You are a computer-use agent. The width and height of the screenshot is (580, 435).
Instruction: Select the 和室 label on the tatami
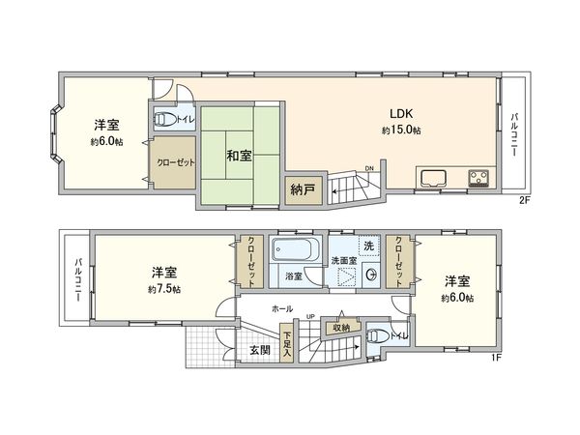pos(239,155)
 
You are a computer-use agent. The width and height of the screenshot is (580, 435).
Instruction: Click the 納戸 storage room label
pos(301,190)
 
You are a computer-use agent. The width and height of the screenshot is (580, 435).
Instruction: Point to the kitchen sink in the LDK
pos(431,178)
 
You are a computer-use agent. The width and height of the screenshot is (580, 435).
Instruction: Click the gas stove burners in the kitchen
pos(478,178)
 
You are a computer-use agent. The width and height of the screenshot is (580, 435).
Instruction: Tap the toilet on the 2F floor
pos(165,121)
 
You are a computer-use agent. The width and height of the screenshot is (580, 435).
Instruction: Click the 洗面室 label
pos(344,261)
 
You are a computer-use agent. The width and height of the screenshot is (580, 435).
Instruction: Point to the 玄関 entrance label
pos(259,348)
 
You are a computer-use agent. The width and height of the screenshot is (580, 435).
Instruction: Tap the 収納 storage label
pos(342,327)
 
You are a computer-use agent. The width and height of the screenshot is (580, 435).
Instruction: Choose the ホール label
pos(282,308)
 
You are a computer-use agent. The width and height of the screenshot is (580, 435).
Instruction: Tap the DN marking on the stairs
pos(368,169)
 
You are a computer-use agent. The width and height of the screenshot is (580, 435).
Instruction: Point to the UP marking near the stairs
pos(311,317)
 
